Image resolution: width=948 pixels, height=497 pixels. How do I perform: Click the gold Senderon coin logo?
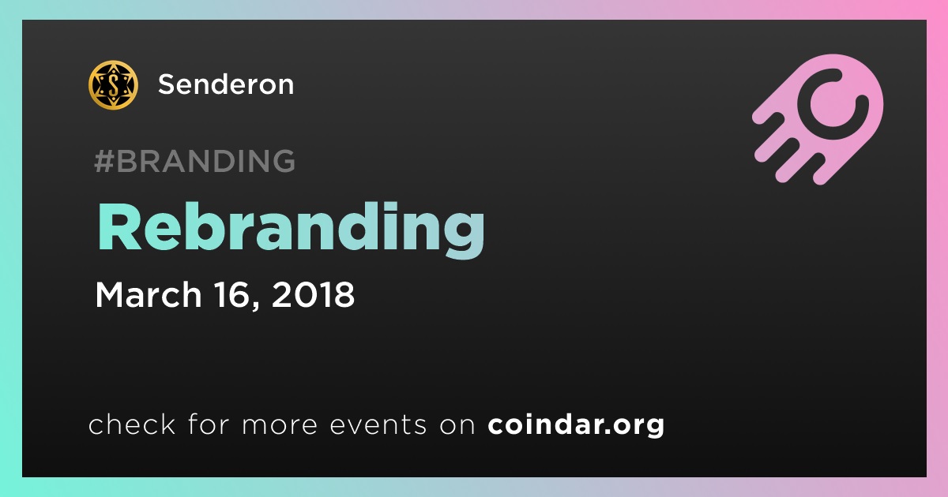113,85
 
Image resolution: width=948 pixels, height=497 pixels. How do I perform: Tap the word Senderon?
226,84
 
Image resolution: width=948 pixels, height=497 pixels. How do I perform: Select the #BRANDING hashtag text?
194,161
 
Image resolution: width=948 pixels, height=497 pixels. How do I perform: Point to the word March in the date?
149,294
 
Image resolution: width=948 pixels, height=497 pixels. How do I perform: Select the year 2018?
313,294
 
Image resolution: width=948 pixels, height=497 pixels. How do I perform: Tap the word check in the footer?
132,424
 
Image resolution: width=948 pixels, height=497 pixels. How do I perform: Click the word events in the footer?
378,425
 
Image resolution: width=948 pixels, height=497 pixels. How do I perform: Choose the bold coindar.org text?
576,425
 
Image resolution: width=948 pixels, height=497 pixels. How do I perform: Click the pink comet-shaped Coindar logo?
818,119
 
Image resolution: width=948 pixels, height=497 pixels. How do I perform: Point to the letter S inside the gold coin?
114,85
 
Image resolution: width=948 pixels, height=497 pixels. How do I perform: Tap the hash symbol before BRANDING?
103,161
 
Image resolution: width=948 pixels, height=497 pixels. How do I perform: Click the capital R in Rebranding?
118,227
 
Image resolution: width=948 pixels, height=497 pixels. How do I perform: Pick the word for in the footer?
209,424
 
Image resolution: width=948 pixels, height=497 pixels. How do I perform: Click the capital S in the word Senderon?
167,84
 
